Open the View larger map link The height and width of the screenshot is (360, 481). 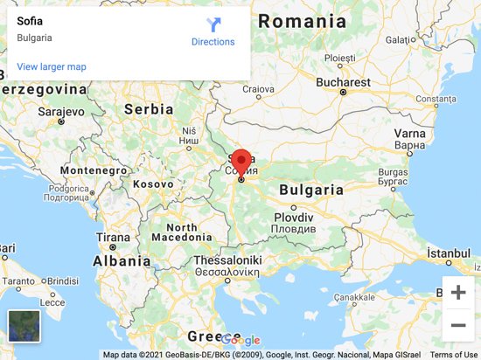click(x=52, y=66)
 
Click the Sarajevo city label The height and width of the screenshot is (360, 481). click(x=35, y=112)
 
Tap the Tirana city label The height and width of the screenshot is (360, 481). click(x=112, y=238)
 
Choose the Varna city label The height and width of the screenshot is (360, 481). click(x=409, y=134)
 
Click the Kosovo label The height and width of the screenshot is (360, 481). click(x=153, y=184)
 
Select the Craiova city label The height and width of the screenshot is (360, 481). click(x=259, y=88)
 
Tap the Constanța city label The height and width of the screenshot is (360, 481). click(x=442, y=100)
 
